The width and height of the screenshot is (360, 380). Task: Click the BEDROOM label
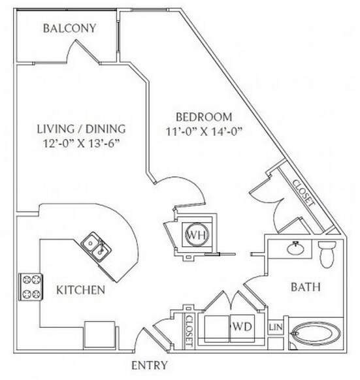(205, 118)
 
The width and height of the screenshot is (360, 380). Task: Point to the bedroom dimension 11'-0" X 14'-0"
(205, 132)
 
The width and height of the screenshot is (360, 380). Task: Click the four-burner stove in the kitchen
(30, 285)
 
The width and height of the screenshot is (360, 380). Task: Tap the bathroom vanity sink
(295, 248)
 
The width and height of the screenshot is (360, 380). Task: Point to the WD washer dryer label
(240, 324)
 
